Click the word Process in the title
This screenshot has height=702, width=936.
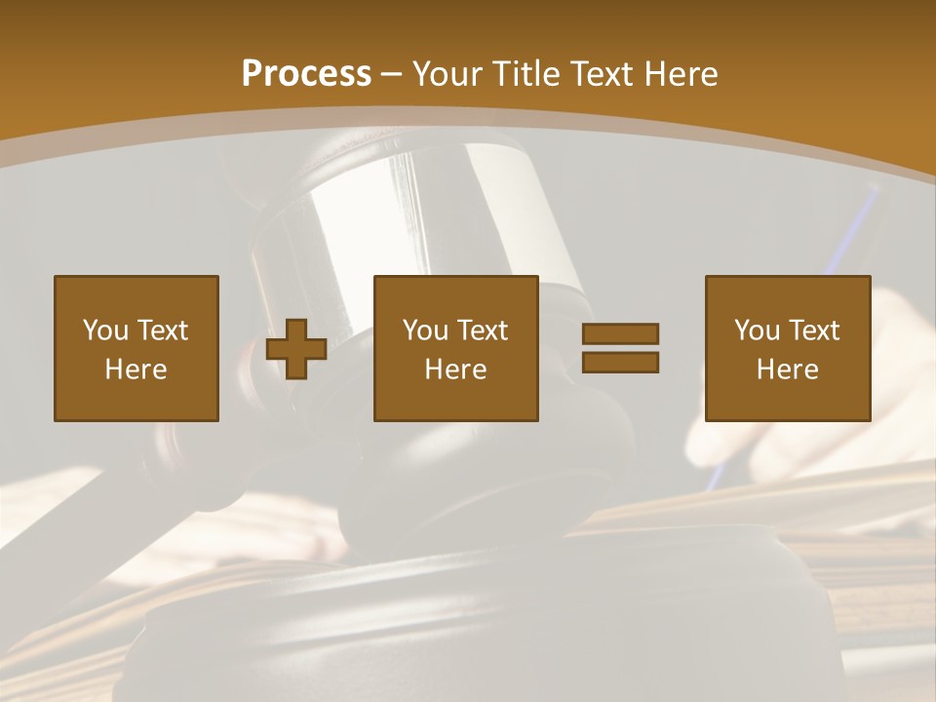306,74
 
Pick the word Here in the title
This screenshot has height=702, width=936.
683,74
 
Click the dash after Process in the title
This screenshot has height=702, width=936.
391,76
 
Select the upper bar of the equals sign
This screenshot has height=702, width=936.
620,333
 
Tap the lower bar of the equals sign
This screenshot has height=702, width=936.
620,363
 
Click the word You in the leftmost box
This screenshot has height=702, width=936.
105,331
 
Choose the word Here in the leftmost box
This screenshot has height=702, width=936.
136,370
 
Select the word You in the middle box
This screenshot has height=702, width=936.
425,331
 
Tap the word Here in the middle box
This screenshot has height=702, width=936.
455,370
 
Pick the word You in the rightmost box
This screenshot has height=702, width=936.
757,331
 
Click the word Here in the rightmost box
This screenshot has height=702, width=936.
787,370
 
